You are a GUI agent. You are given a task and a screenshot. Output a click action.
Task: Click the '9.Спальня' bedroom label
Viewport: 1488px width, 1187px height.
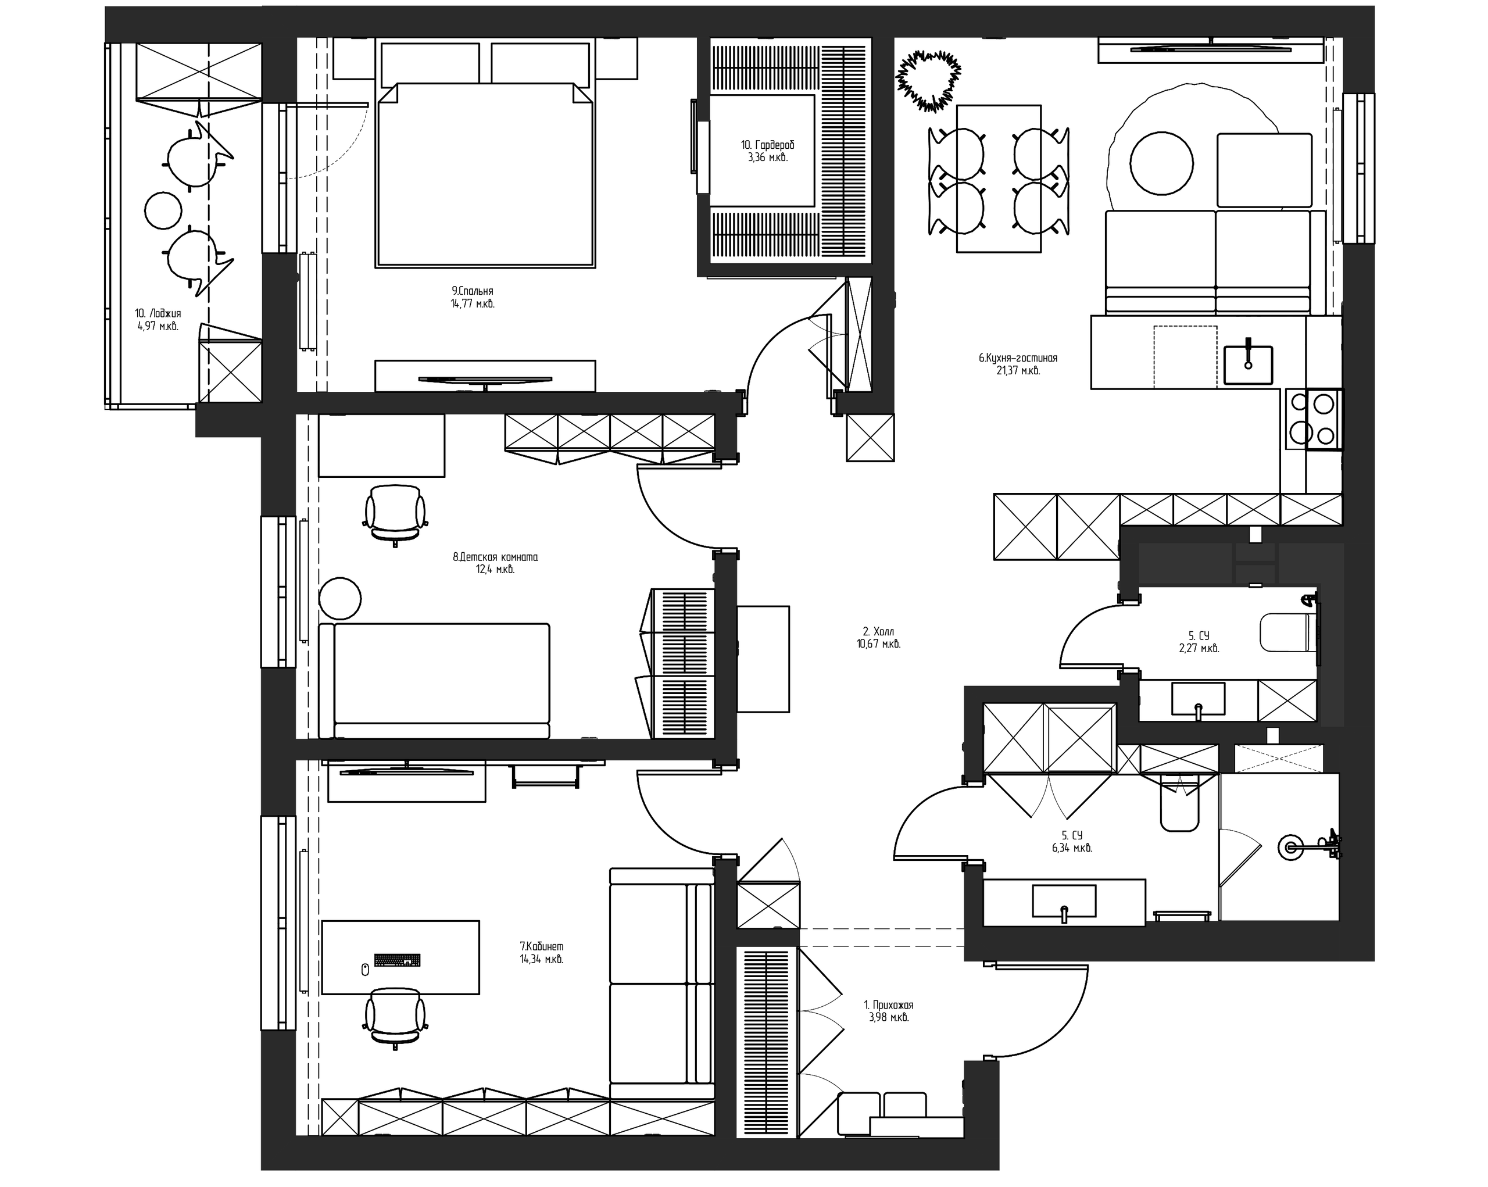(473, 291)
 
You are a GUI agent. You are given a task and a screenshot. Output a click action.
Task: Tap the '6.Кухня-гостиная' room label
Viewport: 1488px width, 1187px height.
(1018, 358)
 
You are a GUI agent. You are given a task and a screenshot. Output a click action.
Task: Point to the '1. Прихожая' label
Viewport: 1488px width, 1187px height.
(889, 1006)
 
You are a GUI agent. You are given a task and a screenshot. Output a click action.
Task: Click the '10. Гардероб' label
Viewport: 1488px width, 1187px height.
(767, 145)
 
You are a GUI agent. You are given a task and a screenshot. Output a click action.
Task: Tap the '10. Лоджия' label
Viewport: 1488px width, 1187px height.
(158, 313)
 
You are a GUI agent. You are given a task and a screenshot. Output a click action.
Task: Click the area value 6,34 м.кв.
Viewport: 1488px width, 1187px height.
(1072, 848)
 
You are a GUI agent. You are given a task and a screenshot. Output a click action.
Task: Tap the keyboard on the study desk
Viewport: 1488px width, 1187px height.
(398, 960)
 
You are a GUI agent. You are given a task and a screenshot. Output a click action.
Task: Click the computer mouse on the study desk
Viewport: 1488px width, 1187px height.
(365, 970)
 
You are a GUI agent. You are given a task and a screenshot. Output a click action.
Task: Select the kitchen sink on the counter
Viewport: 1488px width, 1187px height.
(1248, 364)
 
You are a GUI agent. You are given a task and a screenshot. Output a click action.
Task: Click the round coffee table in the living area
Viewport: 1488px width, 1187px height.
(1161, 163)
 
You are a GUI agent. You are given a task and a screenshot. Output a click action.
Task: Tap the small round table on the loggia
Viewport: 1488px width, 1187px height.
(163, 210)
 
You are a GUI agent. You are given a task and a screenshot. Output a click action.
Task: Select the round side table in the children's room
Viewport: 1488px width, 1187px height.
(340, 598)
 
